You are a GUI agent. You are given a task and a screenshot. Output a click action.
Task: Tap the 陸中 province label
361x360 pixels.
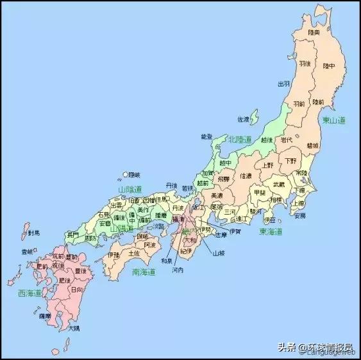(x=329, y=66)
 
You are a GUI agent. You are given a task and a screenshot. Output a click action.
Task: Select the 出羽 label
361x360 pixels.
(x=283, y=84)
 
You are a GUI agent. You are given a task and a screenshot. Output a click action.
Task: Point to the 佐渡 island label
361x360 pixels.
(x=244, y=119)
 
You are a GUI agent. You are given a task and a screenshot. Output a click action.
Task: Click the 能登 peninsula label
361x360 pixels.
(x=207, y=136)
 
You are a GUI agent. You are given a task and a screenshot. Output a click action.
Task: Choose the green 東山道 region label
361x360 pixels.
(x=334, y=120)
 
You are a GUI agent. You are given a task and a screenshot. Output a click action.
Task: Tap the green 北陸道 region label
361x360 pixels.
(x=241, y=138)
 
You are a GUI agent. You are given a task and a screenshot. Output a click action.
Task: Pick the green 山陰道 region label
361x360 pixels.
(x=131, y=190)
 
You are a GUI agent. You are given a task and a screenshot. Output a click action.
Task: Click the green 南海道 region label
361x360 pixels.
(x=144, y=272)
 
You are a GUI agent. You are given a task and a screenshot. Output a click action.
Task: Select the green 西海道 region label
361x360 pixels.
(x=29, y=293)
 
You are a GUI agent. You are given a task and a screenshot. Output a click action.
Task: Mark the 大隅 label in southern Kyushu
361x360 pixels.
(x=74, y=328)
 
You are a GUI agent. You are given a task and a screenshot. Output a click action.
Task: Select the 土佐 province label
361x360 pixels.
(x=134, y=253)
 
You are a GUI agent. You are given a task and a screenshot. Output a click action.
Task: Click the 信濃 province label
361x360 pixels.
(x=246, y=176)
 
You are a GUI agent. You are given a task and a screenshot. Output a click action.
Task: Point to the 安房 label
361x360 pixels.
(x=299, y=216)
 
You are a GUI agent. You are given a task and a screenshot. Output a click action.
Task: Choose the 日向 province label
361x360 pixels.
(x=76, y=290)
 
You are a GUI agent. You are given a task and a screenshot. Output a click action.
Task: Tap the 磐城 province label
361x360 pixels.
(x=313, y=145)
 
